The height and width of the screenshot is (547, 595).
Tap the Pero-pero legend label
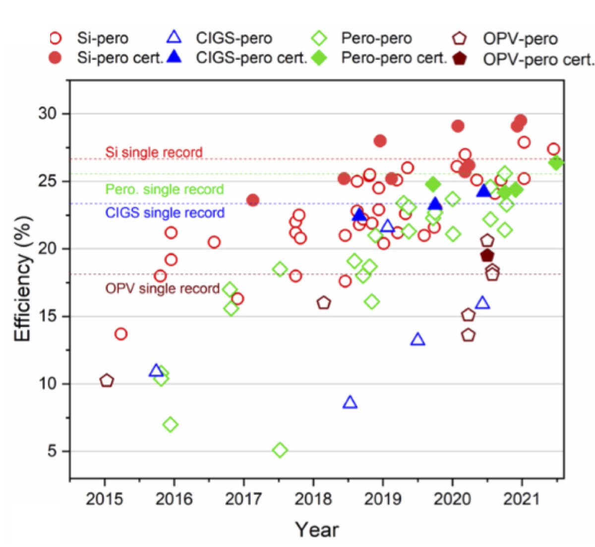pyautogui.click(x=376, y=38)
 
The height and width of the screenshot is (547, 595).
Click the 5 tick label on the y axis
pyautogui.click(x=52, y=451)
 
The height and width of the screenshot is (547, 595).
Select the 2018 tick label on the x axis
pyautogui.click(x=313, y=498)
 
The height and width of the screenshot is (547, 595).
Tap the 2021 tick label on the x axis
pyautogui.click(x=522, y=498)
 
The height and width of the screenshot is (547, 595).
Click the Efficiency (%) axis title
pyautogui.click(x=23, y=279)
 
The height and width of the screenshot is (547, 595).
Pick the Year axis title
pyautogui.click(x=317, y=530)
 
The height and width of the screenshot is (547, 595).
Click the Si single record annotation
pyautogui.click(x=154, y=152)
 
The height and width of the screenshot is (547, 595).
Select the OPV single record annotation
pyautogui.click(x=162, y=289)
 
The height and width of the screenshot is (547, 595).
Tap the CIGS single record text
pyautogui.click(x=165, y=213)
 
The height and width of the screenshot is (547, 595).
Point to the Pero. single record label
pyautogui.click(x=165, y=189)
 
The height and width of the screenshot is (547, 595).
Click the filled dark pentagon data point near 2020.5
pyautogui.click(x=487, y=255)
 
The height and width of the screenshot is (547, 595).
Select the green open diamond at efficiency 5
pyautogui.click(x=280, y=450)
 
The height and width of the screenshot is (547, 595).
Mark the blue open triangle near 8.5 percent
pyautogui.click(x=350, y=402)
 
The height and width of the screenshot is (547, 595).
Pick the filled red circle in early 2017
pyautogui.click(x=252, y=200)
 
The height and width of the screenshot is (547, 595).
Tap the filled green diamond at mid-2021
pyautogui.click(x=556, y=163)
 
